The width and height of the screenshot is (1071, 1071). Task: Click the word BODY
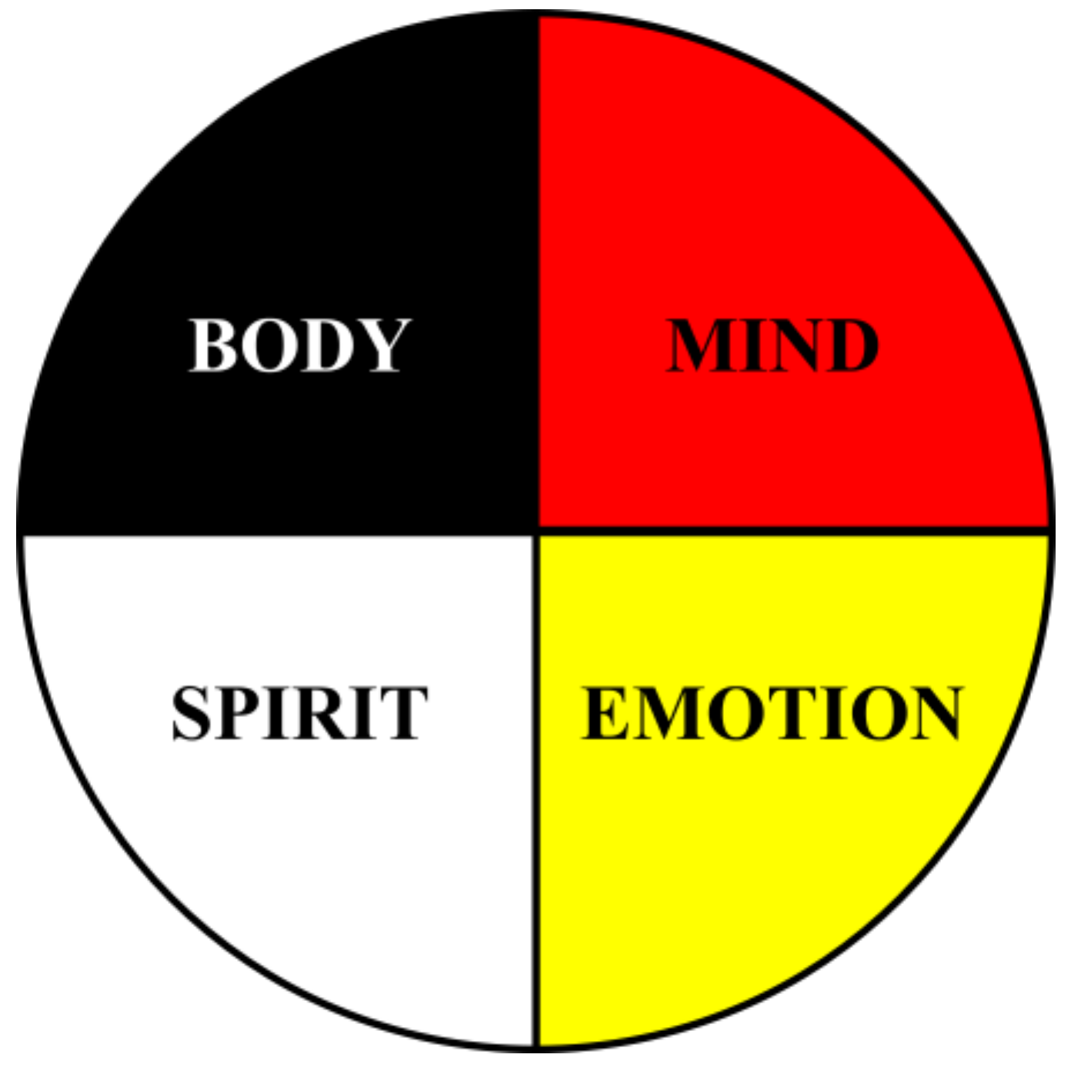click(299, 345)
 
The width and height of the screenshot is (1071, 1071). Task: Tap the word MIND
click(772, 345)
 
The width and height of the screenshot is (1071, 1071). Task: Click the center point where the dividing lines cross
click(536, 532)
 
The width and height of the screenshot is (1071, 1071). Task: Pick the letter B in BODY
click(212, 345)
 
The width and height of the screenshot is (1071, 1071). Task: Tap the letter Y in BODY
click(382, 345)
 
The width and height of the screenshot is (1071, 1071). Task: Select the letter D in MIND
click(850, 345)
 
